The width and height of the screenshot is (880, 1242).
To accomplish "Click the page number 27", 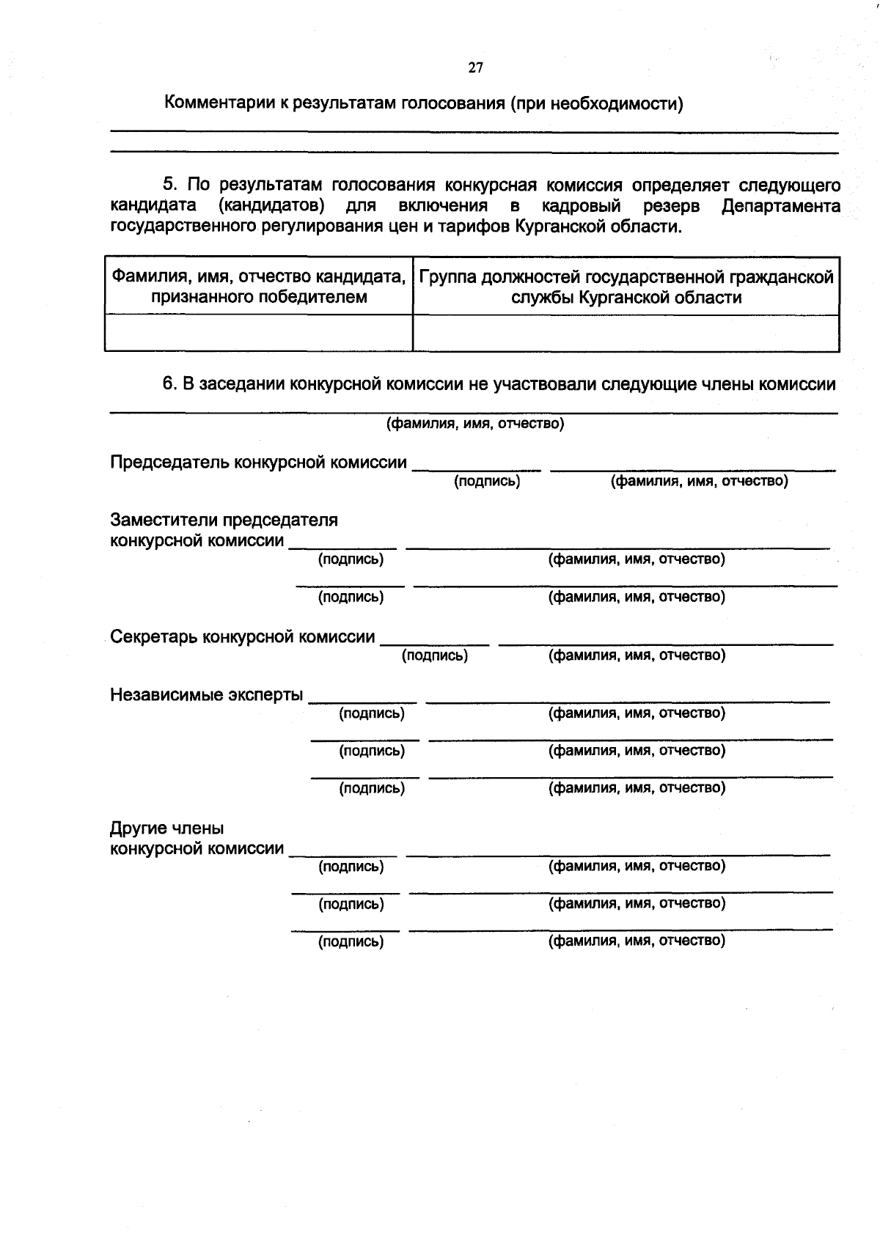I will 475,68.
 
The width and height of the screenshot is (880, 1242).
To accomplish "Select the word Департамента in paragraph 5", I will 780,206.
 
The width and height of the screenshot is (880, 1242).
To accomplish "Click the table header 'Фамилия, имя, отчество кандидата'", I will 258,277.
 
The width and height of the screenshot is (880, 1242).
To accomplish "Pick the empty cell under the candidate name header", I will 258,334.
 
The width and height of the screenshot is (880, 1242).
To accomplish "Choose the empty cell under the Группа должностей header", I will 626,334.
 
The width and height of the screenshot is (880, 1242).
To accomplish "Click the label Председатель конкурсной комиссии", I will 258,463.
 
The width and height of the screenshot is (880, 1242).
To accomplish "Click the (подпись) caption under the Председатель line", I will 487,481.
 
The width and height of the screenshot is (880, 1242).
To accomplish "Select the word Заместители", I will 164,521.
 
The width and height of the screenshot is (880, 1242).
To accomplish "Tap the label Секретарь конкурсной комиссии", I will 242,636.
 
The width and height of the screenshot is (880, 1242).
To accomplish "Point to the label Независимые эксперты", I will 206,694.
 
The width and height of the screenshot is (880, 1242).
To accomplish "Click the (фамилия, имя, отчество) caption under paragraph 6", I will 475,424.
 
